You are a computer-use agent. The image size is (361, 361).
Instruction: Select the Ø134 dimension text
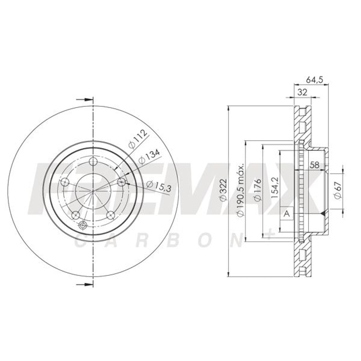point(149,157)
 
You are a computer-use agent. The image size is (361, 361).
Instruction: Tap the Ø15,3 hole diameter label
point(159,186)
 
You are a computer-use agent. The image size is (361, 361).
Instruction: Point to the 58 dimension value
point(314,165)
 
